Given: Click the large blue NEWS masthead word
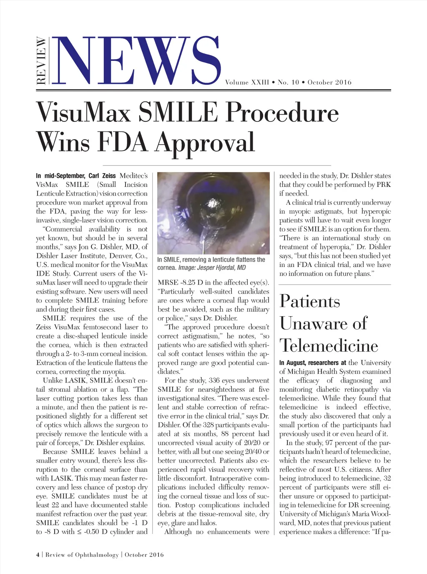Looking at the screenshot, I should coord(138,60).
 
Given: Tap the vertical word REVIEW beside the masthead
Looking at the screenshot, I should coord(41,61).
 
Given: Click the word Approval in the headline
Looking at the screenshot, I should coord(205,143).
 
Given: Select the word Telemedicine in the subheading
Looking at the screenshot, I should coord(329,345).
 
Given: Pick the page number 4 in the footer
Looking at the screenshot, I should coord(38,554).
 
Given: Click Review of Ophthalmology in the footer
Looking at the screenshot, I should coord(82,554).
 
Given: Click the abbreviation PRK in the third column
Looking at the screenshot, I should coord(384,184).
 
